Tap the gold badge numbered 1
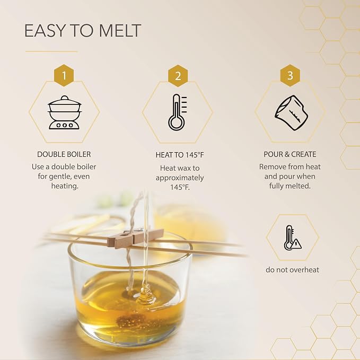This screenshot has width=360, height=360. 64,75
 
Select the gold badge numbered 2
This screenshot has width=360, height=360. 178,76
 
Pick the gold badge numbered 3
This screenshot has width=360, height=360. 290,75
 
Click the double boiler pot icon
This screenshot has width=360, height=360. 65,112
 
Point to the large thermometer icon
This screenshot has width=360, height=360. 177,112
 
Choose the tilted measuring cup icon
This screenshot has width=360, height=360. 292,113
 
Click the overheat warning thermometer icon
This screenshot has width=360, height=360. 293,238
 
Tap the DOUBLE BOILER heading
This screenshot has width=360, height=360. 64,154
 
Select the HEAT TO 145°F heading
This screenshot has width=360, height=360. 180,155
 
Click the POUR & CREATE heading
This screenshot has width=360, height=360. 290,154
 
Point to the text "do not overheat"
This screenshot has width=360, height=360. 293,269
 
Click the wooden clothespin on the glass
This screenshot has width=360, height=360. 135,236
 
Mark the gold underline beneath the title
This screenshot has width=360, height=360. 51,51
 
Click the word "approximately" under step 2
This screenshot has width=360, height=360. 180,178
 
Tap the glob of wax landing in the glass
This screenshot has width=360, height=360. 144,294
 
